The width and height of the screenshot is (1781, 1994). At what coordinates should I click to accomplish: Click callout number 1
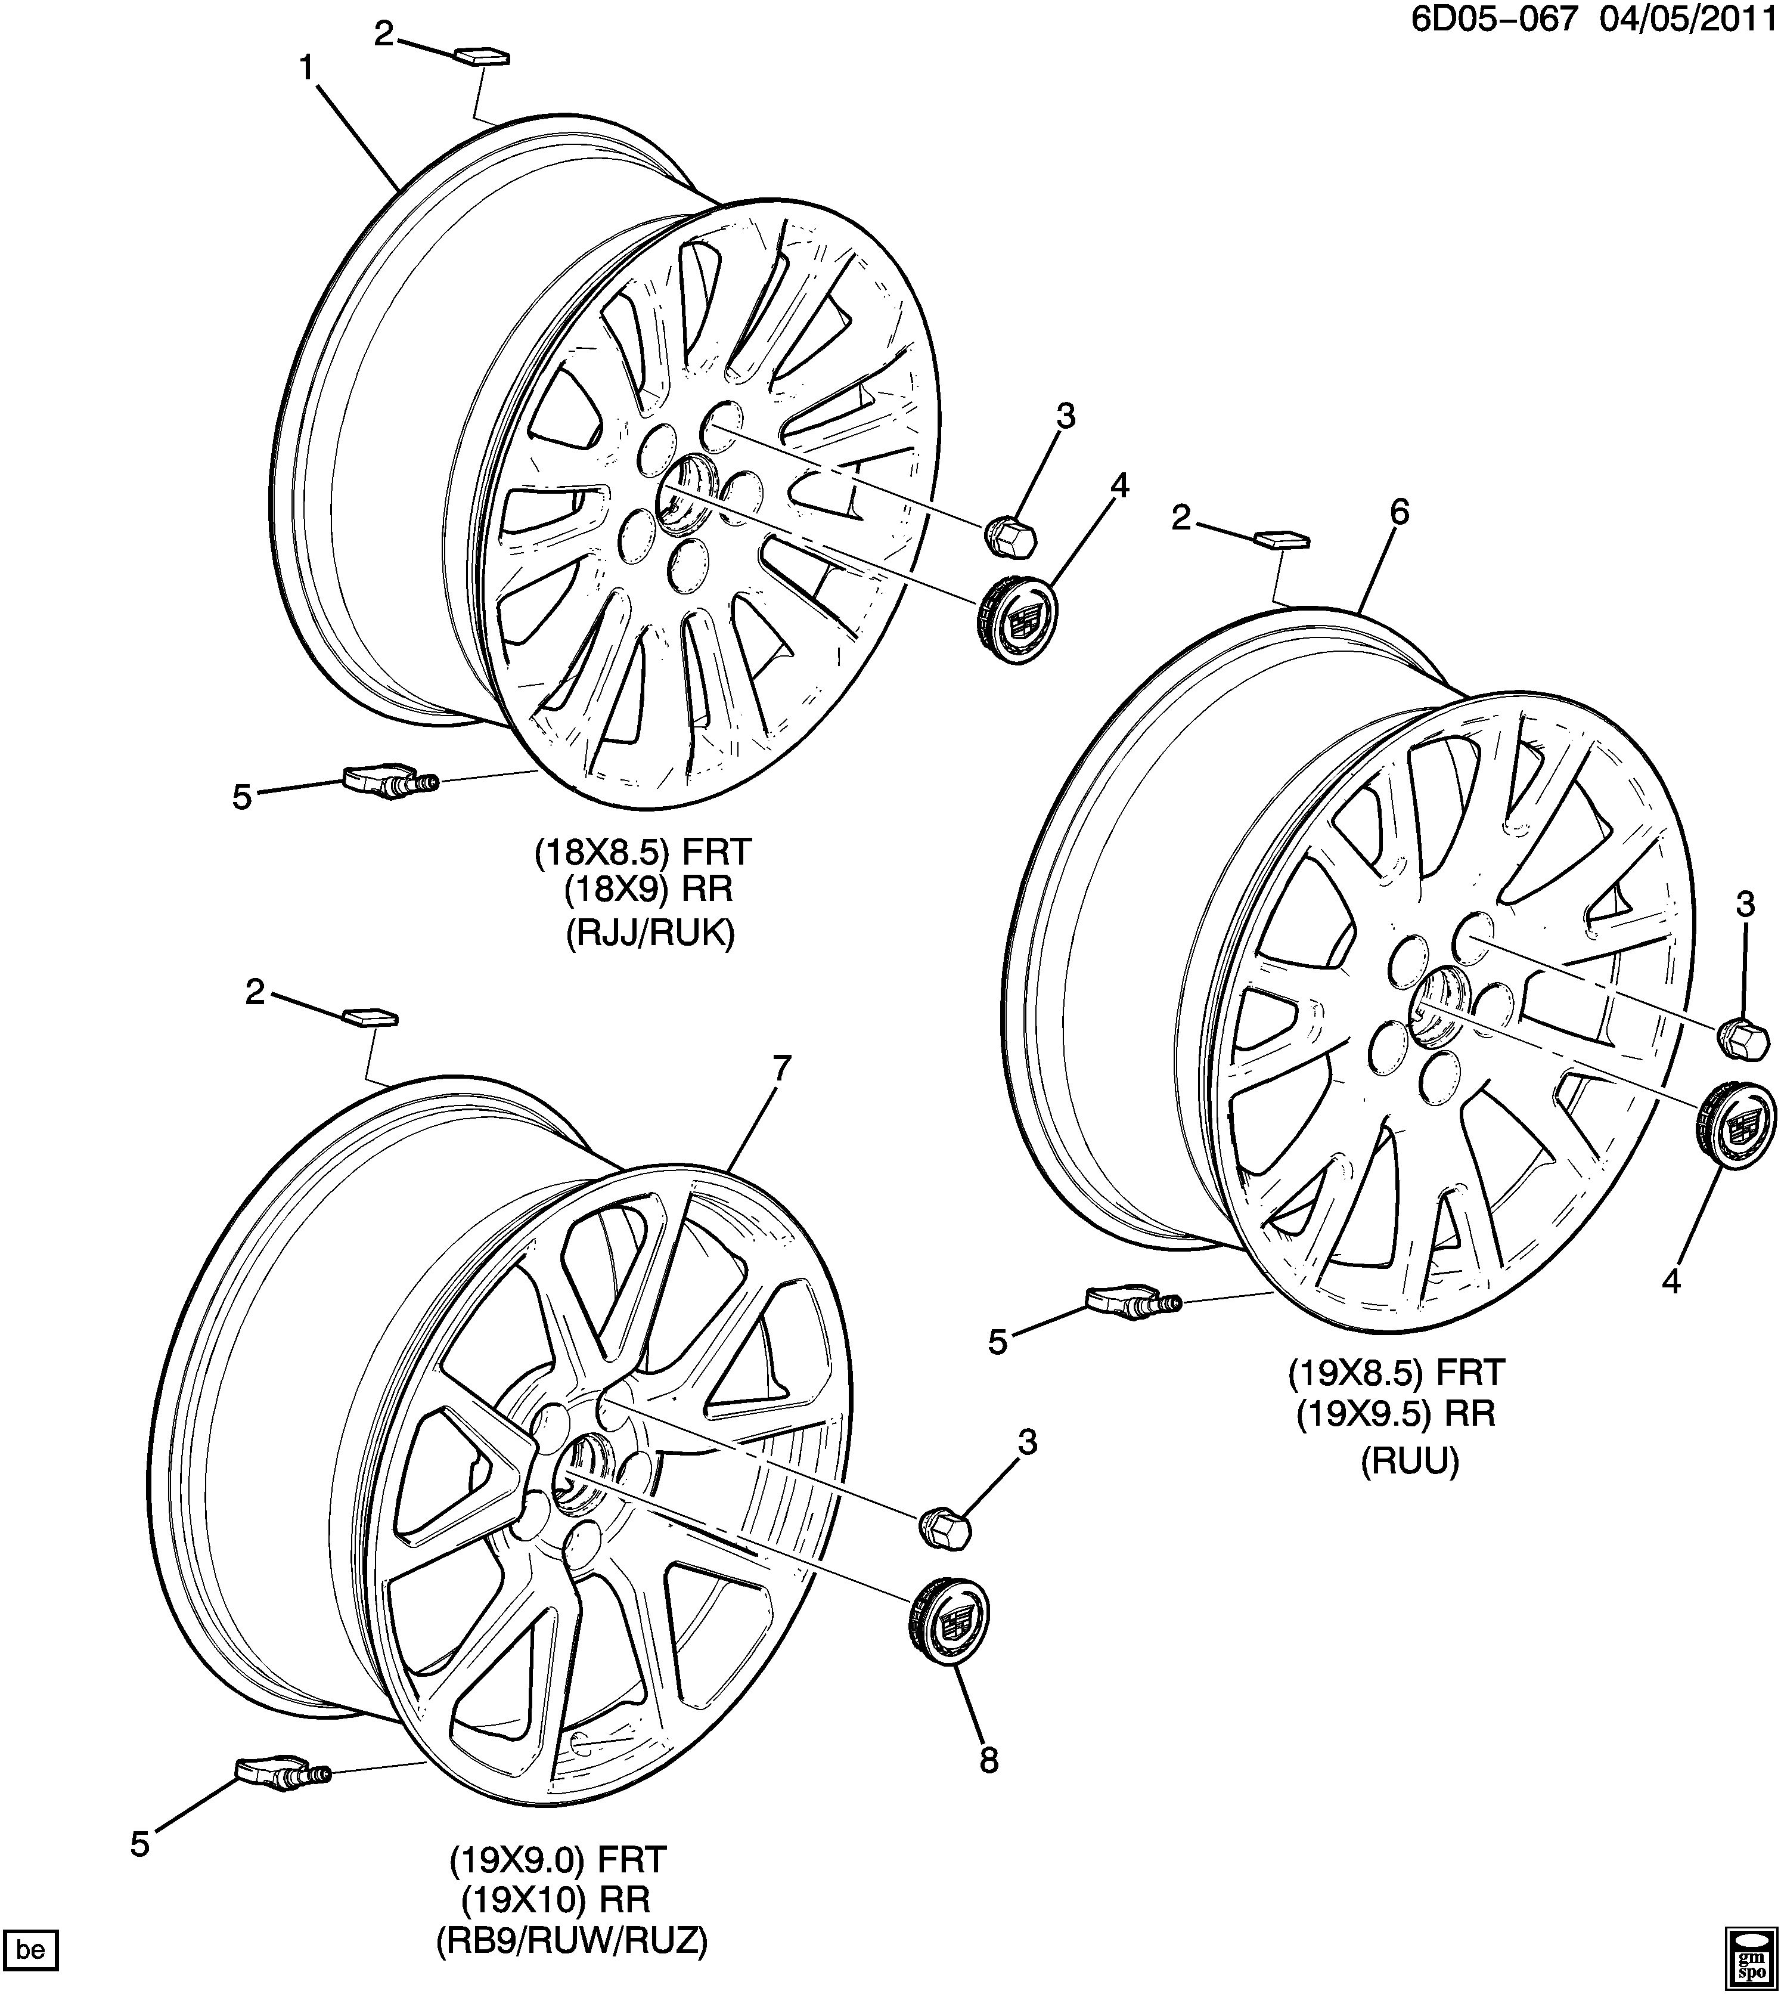[x=306, y=69]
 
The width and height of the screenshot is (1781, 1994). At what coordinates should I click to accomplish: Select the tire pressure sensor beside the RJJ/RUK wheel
[x=386, y=783]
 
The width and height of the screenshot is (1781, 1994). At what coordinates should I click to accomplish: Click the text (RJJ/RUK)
[x=649, y=934]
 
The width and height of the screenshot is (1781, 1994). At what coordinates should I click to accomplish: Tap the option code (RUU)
[x=1409, y=1489]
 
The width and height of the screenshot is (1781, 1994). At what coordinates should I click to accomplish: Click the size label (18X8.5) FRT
[x=643, y=852]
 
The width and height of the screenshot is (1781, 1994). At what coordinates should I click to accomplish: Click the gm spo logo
[x=1749, y=1953]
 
